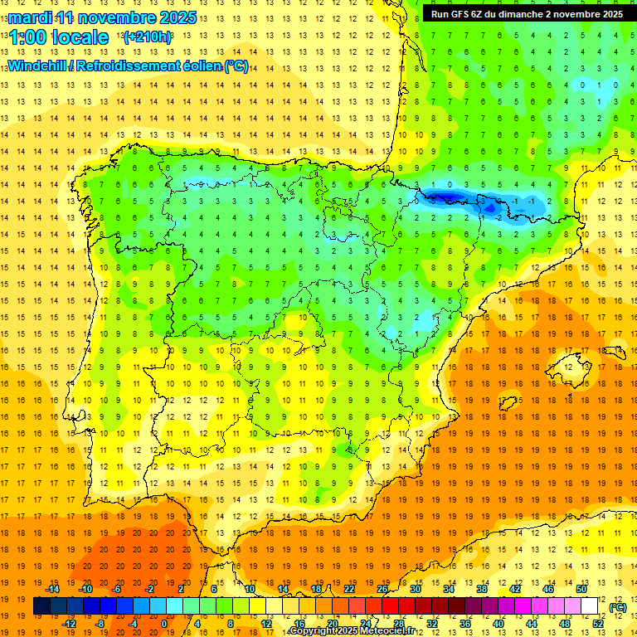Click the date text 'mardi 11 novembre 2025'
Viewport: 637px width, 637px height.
pyautogui.click(x=103, y=17)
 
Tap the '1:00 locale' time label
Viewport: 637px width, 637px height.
pyautogui.click(x=58, y=37)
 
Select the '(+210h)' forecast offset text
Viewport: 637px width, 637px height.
pyautogui.click(x=147, y=37)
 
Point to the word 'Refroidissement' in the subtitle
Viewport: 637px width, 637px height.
pyautogui.click(x=137, y=66)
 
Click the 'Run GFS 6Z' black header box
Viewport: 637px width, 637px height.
pyautogui.click(x=528, y=13)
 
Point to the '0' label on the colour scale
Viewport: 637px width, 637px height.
pyautogui.click(x=164, y=623)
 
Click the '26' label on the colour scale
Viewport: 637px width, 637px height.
pyautogui.click(x=382, y=589)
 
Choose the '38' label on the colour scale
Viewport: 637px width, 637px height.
pyautogui.click(x=481, y=589)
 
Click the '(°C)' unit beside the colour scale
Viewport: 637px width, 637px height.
pyautogui.click(x=618, y=607)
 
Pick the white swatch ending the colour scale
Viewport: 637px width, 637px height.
pyautogui.click(x=590, y=606)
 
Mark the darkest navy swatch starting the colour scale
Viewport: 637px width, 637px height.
pyautogui.click(x=41, y=606)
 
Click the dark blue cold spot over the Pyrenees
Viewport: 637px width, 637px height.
pyautogui.click(x=444, y=197)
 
